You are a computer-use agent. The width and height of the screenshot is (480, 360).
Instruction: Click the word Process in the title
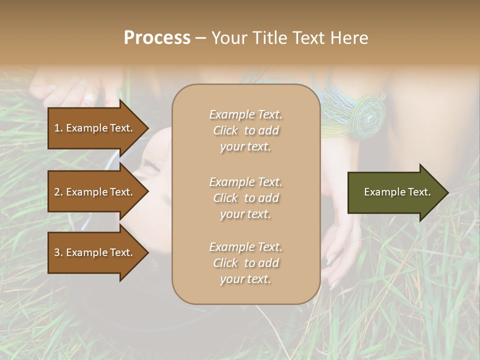[x=157, y=38]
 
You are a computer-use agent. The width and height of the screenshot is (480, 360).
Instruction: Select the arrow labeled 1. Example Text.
[x=95, y=128]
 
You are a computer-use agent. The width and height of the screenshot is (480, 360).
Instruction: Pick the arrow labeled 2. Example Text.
[x=95, y=192]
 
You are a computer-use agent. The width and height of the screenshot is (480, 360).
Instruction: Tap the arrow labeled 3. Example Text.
[x=95, y=252]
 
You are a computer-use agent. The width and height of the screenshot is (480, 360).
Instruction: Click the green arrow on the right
[x=395, y=192]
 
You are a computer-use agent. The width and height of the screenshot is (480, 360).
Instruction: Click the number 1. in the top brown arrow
[x=58, y=128]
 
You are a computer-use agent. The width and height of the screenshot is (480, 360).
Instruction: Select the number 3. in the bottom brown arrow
[x=58, y=252]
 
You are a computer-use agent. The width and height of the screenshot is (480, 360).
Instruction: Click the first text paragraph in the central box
[x=245, y=130]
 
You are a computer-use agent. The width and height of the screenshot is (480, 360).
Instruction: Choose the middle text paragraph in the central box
[x=245, y=198]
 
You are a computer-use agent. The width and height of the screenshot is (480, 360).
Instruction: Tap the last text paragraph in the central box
[x=245, y=263]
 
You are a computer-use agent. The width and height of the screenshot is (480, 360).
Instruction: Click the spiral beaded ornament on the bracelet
[x=370, y=116]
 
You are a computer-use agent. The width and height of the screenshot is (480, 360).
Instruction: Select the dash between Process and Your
[x=201, y=38]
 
